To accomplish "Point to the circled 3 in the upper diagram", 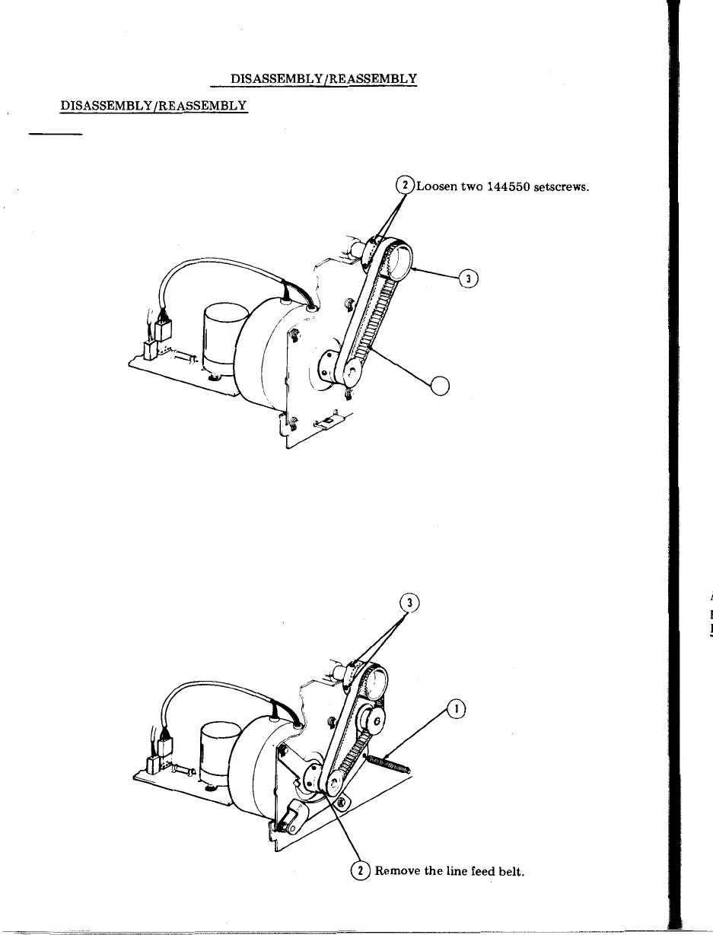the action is (x=470, y=279).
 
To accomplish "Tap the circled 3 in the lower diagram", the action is (x=411, y=603).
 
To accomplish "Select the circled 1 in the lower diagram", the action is (x=457, y=708).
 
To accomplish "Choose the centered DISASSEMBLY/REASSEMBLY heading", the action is (x=323, y=78).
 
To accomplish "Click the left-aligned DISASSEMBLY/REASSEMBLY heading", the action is (x=154, y=106).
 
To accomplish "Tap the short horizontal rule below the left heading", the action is (x=55, y=135).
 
